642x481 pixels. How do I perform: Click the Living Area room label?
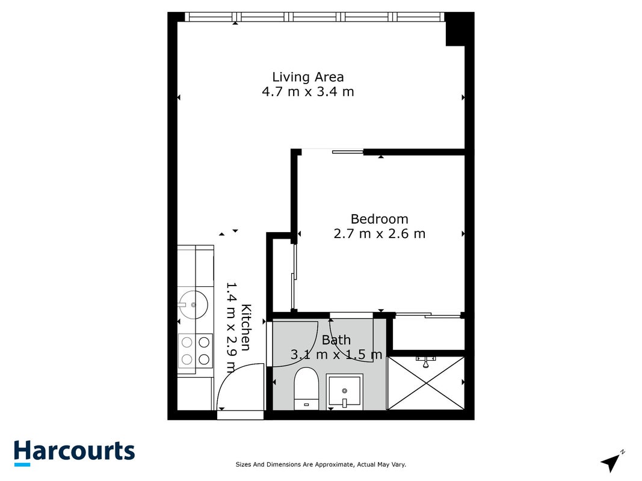(x=308, y=77)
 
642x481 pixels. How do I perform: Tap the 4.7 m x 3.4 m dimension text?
(x=308, y=91)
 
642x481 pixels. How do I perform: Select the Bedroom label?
(x=380, y=219)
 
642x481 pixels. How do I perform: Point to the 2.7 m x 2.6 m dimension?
(x=380, y=233)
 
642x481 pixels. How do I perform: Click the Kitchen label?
(x=245, y=327)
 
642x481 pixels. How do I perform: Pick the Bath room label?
(x=336, y=340)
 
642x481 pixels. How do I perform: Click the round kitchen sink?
(x=193, y=305)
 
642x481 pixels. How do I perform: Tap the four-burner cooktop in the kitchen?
(x=196, y=351)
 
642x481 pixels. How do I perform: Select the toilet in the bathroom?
(x=306, y=388)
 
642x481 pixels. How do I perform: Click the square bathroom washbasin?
(x=344, y=392)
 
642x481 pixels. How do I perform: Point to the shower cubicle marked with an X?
(x=426, y=383)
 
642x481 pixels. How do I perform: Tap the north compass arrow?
(x=612, y=462)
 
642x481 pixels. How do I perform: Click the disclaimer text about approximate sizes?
(x=321, y=464)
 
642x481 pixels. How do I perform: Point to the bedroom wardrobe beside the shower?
(x=428, y=333)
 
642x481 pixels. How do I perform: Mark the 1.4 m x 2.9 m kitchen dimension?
(x=232, y=327)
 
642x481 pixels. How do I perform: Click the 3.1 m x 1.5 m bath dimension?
(x=336, y=354)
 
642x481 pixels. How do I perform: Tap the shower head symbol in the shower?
(x=426, y=361)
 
